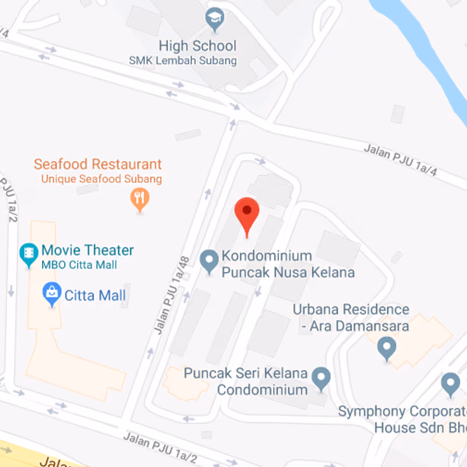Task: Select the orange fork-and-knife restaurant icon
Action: pos(139,199)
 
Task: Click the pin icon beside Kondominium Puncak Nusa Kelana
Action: pos(209,260)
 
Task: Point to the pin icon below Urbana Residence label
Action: pos(386,348)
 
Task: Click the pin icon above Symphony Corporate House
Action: pos(449,384)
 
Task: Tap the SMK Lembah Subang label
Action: pos(183,61)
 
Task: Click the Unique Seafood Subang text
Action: pos(101,179)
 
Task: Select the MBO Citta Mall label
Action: pos(79,265)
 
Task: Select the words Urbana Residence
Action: pos(351,309)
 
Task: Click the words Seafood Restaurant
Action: pos(97,164)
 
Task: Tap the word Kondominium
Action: pos(266,256)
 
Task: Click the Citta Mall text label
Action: pos(95,295)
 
